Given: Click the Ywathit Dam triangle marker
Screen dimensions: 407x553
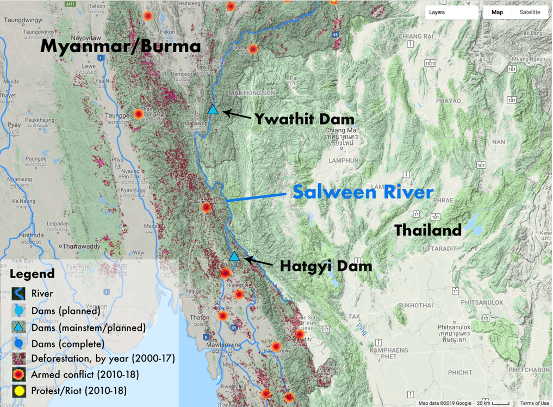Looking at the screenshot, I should (213, 109).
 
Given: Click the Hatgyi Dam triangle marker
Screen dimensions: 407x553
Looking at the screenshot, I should (234, 256).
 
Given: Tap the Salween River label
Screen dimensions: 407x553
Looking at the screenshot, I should (363, 192).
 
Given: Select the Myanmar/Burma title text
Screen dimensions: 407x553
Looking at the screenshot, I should (121, 46).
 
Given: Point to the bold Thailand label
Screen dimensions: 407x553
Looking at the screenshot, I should (428, 230).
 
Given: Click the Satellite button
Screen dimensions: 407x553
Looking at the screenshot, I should (529, 12).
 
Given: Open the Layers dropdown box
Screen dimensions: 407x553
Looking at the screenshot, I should (451, 12).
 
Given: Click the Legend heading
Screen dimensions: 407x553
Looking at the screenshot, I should (32, 274).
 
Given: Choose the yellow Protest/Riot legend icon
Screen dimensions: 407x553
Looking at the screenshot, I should (20, 391).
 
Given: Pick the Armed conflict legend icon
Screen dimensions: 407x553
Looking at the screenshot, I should (20, 374).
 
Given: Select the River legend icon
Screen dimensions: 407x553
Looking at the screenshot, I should (20, 294).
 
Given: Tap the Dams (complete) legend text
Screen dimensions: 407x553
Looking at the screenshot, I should (67, 344).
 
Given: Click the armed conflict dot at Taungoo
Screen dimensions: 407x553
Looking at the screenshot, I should (139, 114).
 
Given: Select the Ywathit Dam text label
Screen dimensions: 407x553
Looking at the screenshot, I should (304, 119).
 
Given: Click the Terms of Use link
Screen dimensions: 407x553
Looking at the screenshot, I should (534, 403).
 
